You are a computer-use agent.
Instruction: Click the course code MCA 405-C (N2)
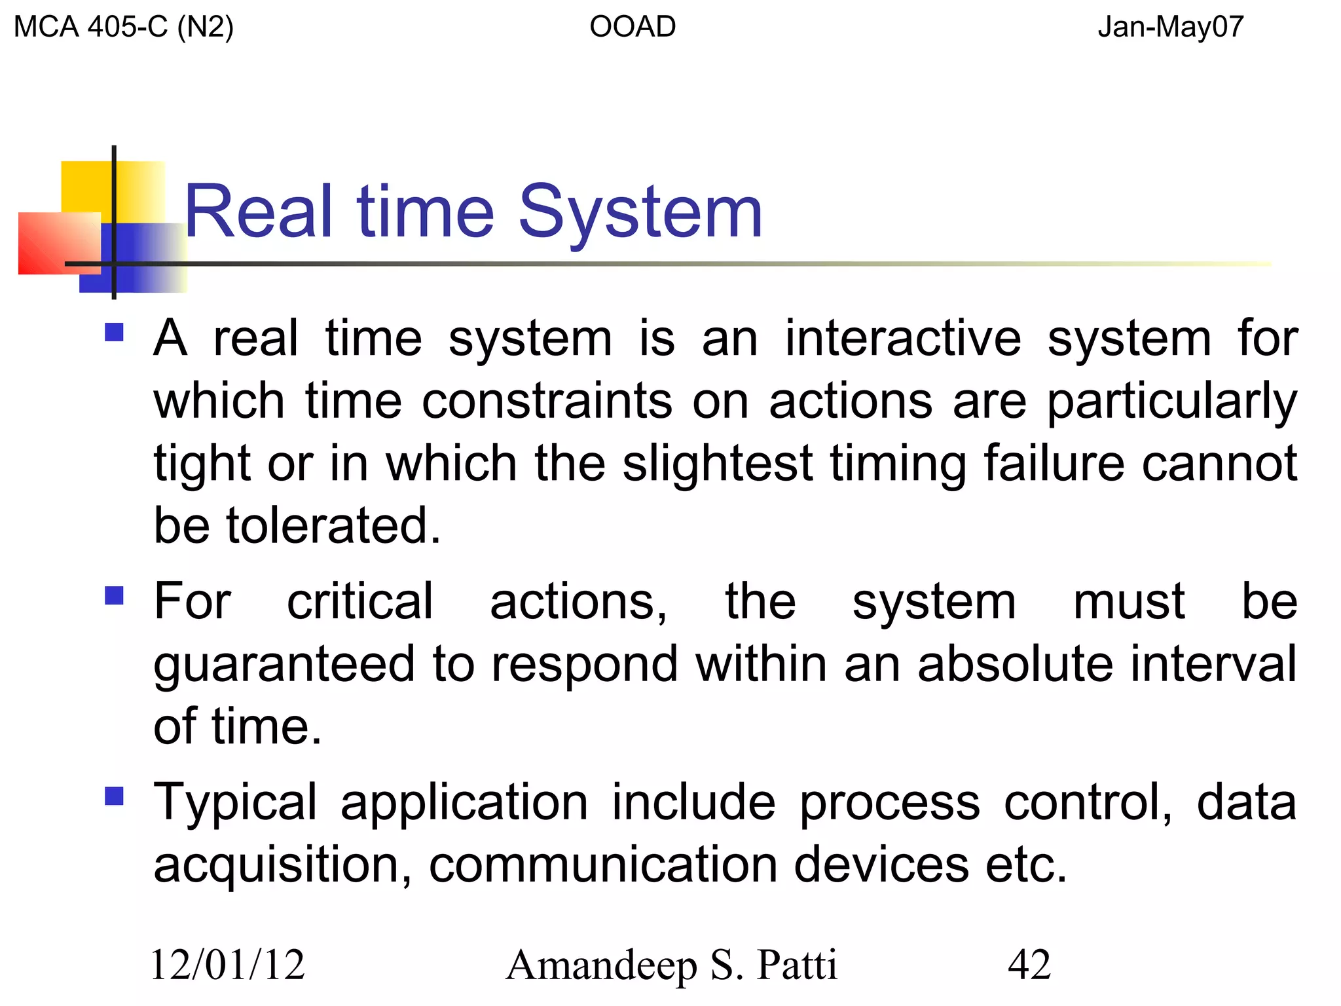tap(123, 28)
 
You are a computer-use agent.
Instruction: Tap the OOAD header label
tap(633, 28)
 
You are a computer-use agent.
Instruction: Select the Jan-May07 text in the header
tap(1170, 28)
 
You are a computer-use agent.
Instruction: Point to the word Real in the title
tap(259, 212)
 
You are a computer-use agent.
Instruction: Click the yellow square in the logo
tap(88, 187)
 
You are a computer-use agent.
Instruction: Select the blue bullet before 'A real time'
tap(114, 333)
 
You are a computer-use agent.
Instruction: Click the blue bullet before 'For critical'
tap(114, 595)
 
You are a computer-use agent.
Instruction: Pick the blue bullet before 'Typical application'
tap(114, 796)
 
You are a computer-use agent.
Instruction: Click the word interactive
tap(903, 339)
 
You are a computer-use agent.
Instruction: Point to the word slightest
tap(717, 463)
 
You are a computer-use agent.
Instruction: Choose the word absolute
tap(1015, 664)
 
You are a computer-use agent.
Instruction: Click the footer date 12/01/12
tap(228, 965)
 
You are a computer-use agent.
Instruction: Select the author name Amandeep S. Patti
tap(672, 965)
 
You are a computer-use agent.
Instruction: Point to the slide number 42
tap(1029, 965)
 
